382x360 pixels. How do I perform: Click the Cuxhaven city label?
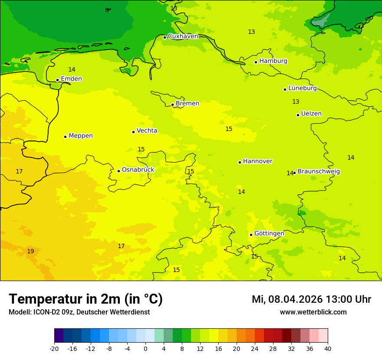tap(183, 36)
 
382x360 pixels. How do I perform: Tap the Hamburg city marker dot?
tap(256, 62)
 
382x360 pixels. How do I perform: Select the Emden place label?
tap(71, 79)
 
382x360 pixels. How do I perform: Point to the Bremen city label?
tap(188, 104)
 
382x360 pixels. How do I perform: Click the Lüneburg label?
tap(303, 88)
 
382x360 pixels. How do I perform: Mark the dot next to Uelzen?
tap(298, 115)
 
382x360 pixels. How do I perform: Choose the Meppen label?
tap(81, 136)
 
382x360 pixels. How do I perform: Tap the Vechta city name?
tap(147, 131)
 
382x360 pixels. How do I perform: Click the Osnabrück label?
tap(138, 170)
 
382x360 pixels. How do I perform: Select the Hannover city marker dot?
tap(240, 162)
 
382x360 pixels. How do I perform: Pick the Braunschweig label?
tap(319, 172)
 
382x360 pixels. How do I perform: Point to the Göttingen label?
tap(269, 233)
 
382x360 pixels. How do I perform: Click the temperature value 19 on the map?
tap(30, 252)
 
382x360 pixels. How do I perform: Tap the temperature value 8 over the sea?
tap(107, 10)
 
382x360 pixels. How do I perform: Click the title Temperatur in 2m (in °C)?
tap(86, 299)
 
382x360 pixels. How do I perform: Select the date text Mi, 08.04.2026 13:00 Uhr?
tap(311, 300)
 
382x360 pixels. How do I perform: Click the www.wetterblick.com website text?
tap(313, 312)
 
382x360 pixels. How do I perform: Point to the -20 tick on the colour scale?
tap(54, 348)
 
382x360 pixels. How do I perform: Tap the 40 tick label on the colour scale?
tap(328, 348)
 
